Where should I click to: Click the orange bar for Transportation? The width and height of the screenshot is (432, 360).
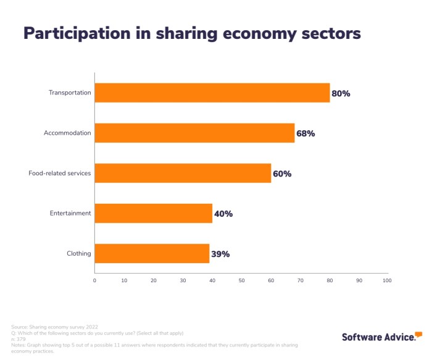[212, 93]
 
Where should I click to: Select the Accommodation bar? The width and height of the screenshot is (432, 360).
[194, 133]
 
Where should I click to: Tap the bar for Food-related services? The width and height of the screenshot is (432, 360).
[183, 174]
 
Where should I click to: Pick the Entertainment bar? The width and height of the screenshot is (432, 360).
[153, 214]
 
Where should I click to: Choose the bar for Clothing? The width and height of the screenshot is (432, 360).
[152, 254]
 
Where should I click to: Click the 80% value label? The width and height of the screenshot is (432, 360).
[341, 94]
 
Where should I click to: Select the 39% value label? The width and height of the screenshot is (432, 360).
[220, 254]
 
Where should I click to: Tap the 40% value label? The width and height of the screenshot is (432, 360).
[223, 214]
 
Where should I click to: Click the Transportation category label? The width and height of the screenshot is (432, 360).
[70, 93]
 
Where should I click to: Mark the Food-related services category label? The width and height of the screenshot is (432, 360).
[60, 174]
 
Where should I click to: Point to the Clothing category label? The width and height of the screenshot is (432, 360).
[78, 254]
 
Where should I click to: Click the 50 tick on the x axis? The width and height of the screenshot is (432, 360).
[241, 280]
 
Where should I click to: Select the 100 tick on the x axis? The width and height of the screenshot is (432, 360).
[387, 280]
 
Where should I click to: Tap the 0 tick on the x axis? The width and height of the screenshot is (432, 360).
[94, 280]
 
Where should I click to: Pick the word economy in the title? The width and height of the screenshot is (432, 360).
[256, 33]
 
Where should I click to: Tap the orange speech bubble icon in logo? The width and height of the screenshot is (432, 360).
[418, 335]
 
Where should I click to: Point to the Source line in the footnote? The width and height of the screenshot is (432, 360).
[54, 326]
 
